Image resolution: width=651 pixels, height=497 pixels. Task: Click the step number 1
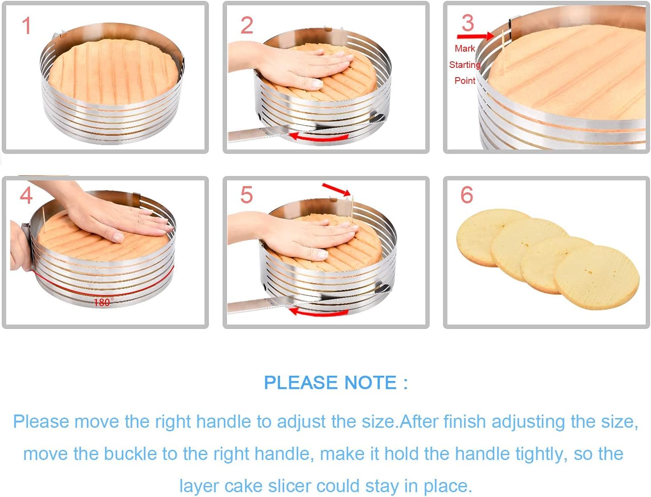(26, 26)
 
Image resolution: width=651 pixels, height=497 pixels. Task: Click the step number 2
(247, 25)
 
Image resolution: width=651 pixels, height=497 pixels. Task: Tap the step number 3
(468, 23)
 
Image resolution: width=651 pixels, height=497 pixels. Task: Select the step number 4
(26, 195)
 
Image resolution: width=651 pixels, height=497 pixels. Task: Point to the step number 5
(246, 195)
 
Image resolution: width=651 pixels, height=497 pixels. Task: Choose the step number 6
(467, 195)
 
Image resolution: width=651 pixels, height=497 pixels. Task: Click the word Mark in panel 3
(465, 49)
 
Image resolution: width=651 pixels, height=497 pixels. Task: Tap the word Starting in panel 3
(465, 65)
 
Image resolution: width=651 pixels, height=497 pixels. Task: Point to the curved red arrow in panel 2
(318, 137)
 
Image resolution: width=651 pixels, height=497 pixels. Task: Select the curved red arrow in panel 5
(318, 312)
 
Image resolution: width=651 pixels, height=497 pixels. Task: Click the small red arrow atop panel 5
(337, 189)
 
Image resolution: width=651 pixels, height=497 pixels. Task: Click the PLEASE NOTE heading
(336, 382)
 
